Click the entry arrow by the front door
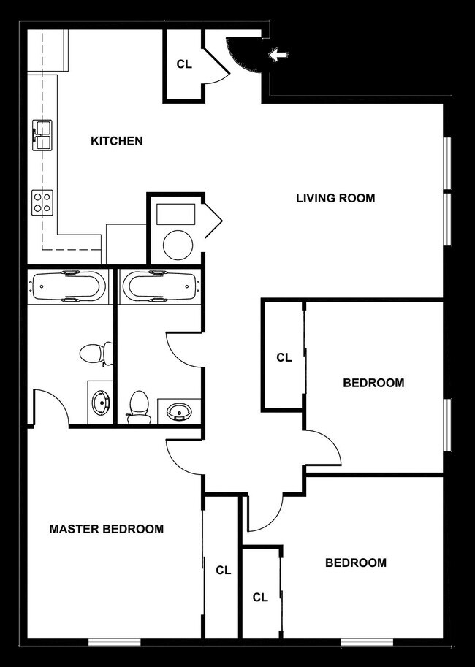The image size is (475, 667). (x=278, y=55)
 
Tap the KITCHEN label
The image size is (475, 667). (x=116, y=140)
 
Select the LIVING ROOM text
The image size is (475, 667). (x=335, y=198)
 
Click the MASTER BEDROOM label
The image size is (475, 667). (x=106, y=528)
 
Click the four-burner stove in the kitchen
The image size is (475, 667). (x=42, y=201)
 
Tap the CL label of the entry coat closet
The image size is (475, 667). (x=184, y=64)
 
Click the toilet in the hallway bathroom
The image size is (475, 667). (x=138, y=406)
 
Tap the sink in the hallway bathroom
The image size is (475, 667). (x=178, y=411)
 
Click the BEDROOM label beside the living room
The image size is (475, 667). (x=373, y=383)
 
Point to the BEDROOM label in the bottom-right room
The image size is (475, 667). (x=355, y=563)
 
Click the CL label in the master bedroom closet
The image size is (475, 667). (x=223, y=571)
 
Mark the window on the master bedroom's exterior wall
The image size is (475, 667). (x=115, y=642)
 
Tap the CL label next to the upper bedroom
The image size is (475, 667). (x=284, y=358)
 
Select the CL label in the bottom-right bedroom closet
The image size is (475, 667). (x=260, y=597)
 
